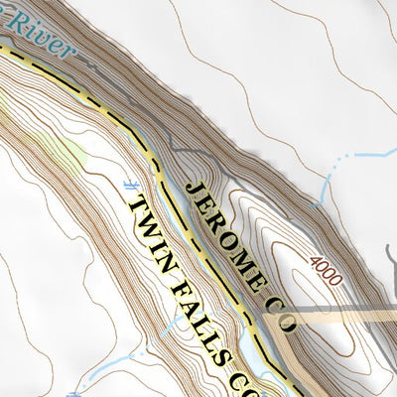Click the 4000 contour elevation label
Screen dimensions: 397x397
325,269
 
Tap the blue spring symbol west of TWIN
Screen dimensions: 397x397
128,186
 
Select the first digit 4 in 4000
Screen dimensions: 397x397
314,260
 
